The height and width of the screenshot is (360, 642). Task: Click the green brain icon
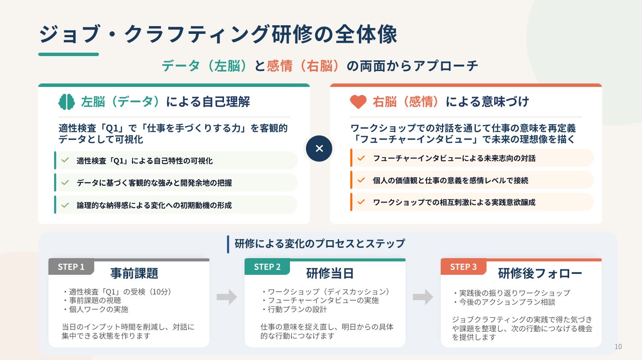(x=66, y=102)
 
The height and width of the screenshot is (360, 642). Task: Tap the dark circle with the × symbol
(x=319, y=149)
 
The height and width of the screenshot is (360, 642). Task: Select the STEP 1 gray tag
(x=71, y=267)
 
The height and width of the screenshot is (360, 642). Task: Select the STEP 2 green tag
(x=267, y=267)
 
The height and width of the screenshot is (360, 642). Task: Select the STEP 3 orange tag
(x=463, y=267)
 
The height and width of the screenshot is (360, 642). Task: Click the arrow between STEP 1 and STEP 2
(x=227, y=297)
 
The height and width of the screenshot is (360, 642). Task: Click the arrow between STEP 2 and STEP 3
(x=423, y=297)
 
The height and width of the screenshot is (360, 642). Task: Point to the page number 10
(x=618, y=347)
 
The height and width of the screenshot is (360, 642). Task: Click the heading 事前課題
(x=134, y=273)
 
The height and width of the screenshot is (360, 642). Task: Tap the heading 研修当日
(x=330, y=273)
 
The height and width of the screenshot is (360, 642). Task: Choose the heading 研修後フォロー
(x=540, y=273)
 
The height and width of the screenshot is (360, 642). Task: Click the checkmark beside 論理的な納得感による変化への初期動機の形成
(x=66, y=205)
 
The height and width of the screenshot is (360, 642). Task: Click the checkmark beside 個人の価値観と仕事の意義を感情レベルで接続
(x=361, y=180)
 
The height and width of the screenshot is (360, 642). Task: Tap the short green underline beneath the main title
(x=69, y=54)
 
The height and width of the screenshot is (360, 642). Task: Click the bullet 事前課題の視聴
(x=92, y=300)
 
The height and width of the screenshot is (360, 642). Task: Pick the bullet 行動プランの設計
(x=294, y=309)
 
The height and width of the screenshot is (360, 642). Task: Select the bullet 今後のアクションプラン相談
(x=504, y=302)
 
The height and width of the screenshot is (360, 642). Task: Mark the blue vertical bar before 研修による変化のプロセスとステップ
(x=228, y=244)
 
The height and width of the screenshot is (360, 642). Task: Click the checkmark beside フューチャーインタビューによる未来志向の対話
(x=361, y=158)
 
